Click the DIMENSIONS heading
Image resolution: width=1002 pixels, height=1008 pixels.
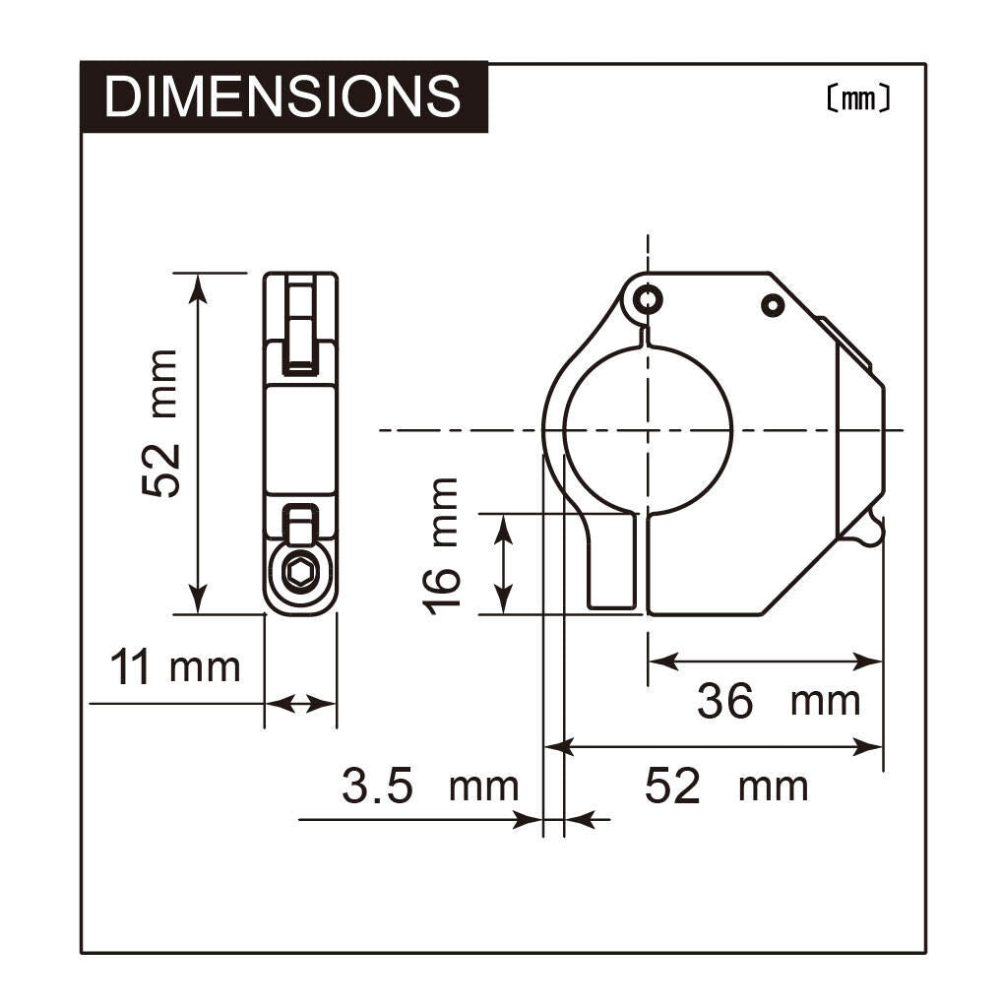click(282, 96)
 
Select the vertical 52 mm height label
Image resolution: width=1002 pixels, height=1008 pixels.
click(160, 423)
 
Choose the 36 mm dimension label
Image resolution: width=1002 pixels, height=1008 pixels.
click(778, 702)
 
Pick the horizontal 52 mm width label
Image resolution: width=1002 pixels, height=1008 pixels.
click(726, 787)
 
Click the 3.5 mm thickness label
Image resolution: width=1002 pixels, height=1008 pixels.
click(429, 787)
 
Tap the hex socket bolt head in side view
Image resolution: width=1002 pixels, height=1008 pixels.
click(300, 572)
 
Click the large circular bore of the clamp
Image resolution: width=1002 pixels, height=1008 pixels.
click(648, 430)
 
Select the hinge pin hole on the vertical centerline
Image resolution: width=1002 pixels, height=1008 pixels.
click(647, 298)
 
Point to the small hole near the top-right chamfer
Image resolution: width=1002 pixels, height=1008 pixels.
click(774, 306)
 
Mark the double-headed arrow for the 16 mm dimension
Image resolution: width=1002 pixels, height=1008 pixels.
click(503, 563)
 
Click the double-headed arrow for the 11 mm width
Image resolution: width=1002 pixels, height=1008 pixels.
click(301, 703)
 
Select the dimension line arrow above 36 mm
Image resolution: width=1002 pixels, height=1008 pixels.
click(765, 661)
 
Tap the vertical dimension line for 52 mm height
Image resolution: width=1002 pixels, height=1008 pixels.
click(199, 443)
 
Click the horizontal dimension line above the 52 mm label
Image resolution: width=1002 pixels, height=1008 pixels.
click(714, 747)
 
